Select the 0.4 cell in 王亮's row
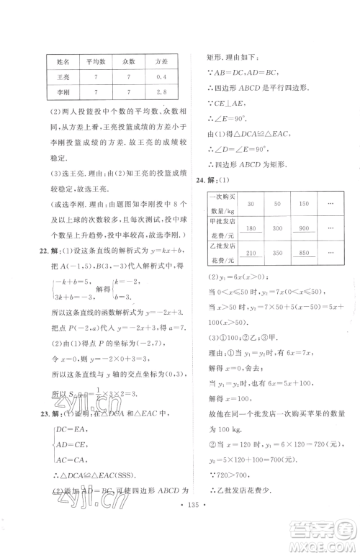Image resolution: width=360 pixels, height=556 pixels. click(x=161, y=76)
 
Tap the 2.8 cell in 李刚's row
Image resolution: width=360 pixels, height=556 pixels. click(x=161, y=92)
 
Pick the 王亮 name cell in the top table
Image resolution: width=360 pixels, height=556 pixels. click(x=63, y=76)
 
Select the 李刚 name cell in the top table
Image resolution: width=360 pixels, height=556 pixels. click(x=63, y=92)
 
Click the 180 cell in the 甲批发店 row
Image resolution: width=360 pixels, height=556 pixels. click(x=251, y=228)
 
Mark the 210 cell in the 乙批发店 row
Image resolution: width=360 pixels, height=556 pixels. click(x=251, y=254)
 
